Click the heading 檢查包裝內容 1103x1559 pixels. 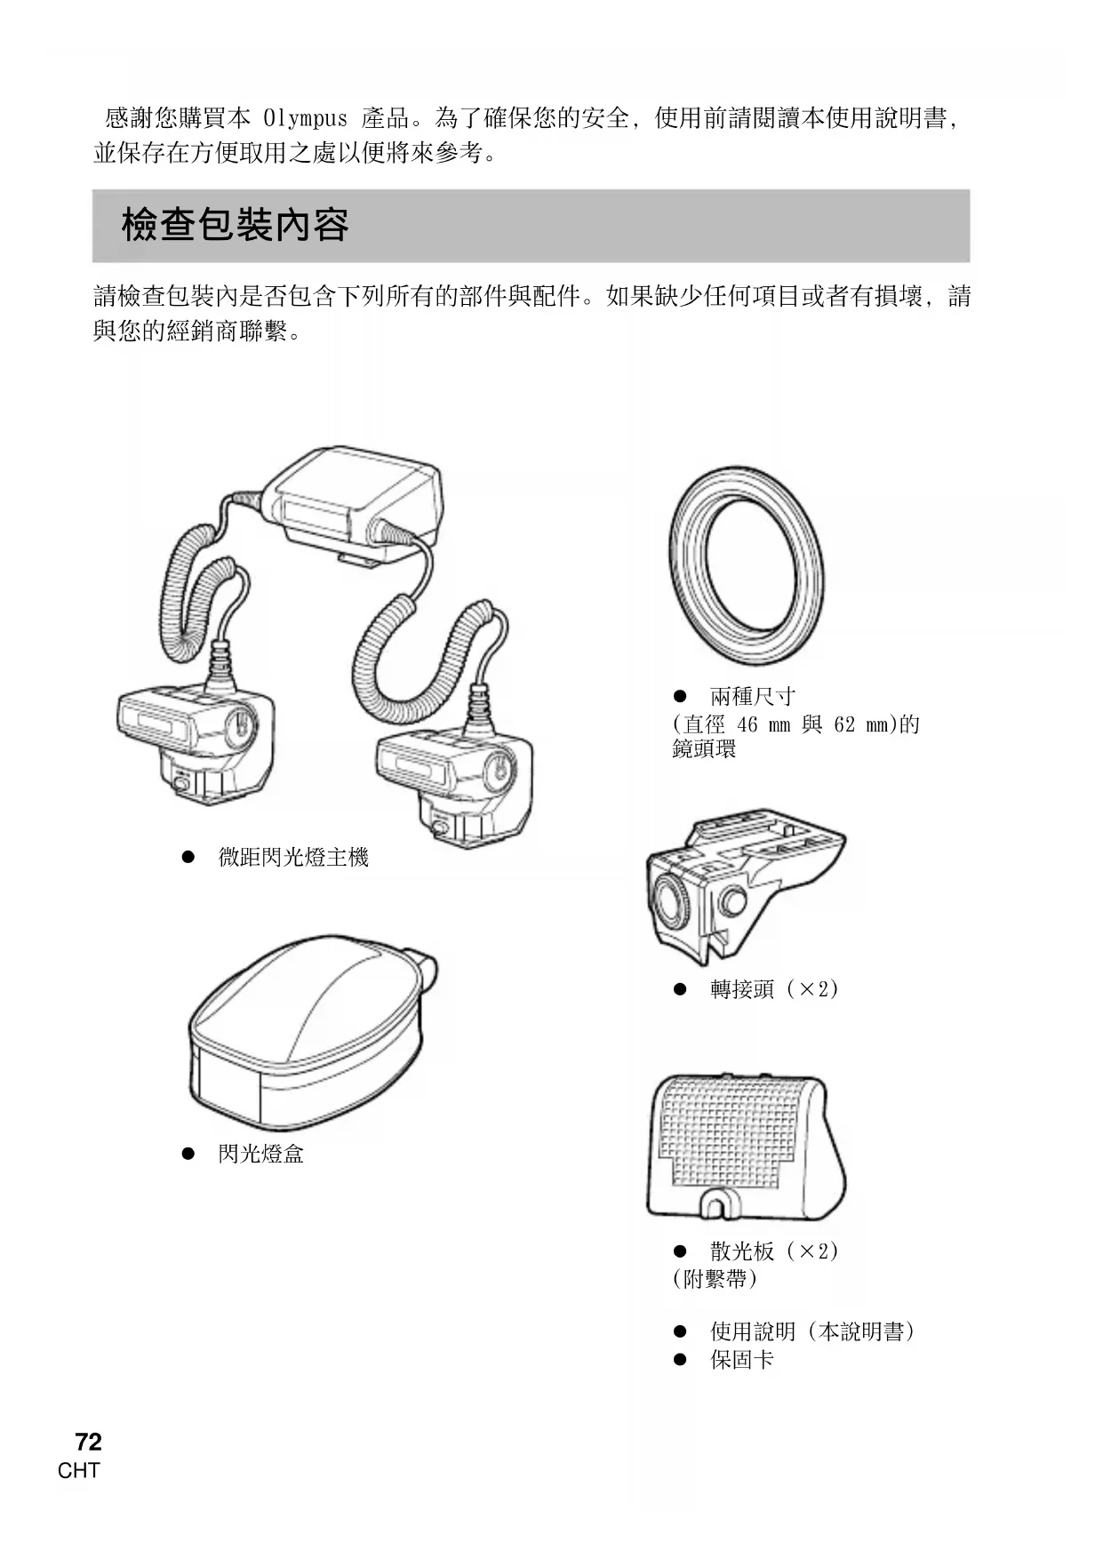click(x=235, y=225)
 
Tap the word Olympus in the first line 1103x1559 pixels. click(x=305, y=118)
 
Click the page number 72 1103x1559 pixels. click(x=88, y=1442)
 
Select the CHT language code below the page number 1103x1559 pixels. click(x=79, y=1471)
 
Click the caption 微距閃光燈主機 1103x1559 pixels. click(x=293, y=858)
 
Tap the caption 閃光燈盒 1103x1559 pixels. click(x=261, y=1154)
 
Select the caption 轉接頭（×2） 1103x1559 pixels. click(x=774, y=988)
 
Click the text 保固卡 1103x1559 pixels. click(x=742, y=1359)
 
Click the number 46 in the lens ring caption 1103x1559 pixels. click(x=747, y=724)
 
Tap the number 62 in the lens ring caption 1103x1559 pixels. click(x=844, y=724)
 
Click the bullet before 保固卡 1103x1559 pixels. click(x=681, y=1359)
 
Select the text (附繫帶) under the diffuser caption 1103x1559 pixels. click(x=715, y=1278)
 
